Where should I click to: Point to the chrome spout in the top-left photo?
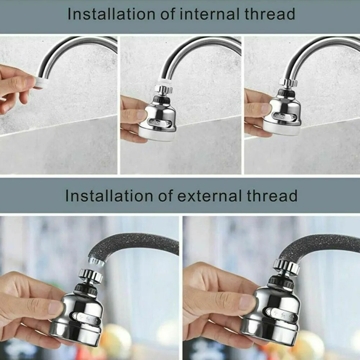pos(79,47)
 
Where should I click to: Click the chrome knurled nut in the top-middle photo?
pos(163,89)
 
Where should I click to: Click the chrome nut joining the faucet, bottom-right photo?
pos(286,266)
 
